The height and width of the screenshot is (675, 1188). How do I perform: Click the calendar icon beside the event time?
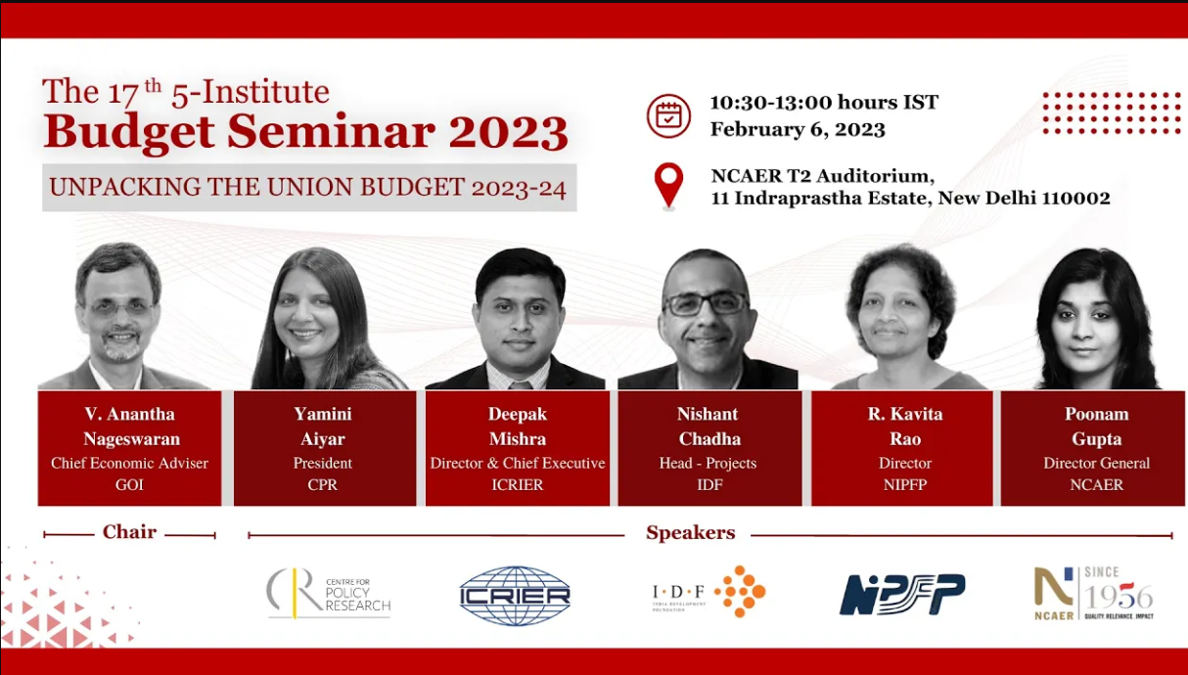(668, 115)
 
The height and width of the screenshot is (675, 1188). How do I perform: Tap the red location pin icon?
(668, 184)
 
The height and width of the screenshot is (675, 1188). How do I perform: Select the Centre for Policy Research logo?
(328, 593)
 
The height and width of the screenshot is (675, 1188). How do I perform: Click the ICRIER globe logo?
(515, 595)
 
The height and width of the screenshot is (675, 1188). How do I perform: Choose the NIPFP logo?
(901, 594)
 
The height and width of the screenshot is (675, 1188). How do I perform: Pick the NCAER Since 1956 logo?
(1093, 593)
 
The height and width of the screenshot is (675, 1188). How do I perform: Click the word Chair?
(129, 532)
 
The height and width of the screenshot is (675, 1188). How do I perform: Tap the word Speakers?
(690, 533)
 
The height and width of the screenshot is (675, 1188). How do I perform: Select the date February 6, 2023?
(798, 129)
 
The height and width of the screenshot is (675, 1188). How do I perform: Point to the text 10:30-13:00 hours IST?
(824, 102)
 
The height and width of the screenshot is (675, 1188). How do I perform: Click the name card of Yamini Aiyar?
(323, 449)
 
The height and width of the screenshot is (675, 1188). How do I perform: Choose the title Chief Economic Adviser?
(129, 463)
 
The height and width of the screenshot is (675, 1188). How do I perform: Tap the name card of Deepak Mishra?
(517, 449)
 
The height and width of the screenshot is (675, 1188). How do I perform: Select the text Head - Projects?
(708, 463)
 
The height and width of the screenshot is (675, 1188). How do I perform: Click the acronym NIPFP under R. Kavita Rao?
(904, 484)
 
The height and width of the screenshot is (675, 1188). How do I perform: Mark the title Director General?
(1096, 463)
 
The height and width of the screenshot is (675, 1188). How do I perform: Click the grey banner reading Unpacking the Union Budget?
(308, 187)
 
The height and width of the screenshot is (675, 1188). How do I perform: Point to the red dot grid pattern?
(1111, 112)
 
